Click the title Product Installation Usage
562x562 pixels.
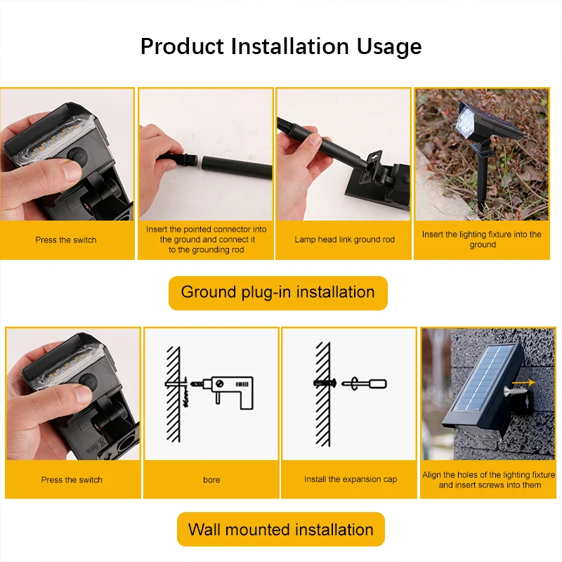pyautogui.click(x=281, y=46)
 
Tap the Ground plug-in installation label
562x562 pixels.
pyautogui.click(x=277, y=292)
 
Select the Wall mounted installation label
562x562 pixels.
pyautogui.click(x=280, y=530)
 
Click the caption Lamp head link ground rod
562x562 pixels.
pyautogui.click(x=344, y=240)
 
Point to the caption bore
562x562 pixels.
pyautogui.click(x=211, y=480)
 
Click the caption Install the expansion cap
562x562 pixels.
pyautogui.click(x=350, y=479)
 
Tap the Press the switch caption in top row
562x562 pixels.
pyautogui.click(x=66, y=240)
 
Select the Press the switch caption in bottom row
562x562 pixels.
pyautogui.click(x=72, y=480)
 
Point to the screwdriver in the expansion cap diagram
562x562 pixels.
pyautogui.click(x=365, y=384)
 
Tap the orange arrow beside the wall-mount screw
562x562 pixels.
pyautogui.click(x=525, y=383)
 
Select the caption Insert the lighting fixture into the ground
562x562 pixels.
pyautogui.click(x=482, y=240)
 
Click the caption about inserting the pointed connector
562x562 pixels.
pyautogui.click(x=207, y=240)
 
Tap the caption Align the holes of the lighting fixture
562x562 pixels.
pyautogui.click(x=489, y=480)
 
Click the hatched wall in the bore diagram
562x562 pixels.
pyautogui.click(x=172, y=393)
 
